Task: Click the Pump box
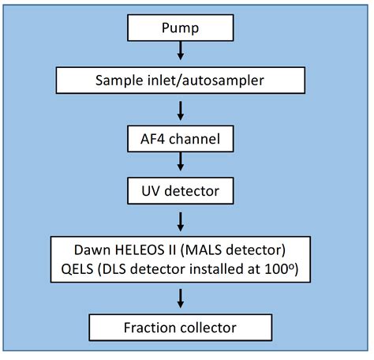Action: [181, 30]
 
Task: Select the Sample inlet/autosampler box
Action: [181, 80]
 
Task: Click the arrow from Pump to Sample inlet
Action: [181, 53]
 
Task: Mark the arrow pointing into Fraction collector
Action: [181, 298]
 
